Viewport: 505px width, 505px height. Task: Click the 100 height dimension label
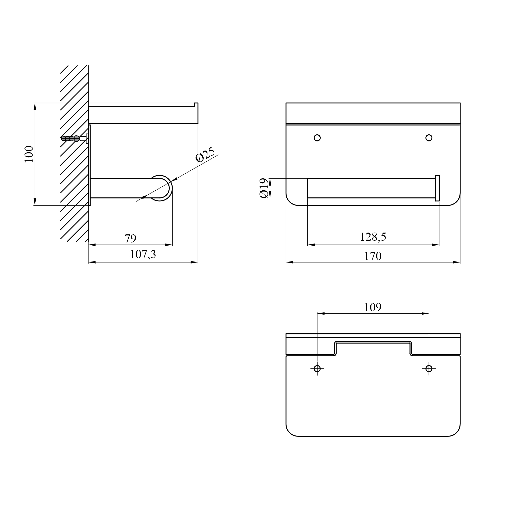click(29, 154)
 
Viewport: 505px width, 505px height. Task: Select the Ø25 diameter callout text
click(205, 154)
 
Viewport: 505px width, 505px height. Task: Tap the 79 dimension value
click(130, 238)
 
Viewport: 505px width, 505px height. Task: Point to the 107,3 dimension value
click(143, 254)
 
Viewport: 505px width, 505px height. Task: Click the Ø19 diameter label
click(264, 188)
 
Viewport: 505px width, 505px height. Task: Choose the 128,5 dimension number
click(373, 237)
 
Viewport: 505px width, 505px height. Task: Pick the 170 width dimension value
click(373, 256)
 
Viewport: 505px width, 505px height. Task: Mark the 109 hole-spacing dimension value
click(373, 307)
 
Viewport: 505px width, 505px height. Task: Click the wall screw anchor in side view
click(74, 138)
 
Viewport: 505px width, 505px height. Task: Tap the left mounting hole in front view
click(317, 138)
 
